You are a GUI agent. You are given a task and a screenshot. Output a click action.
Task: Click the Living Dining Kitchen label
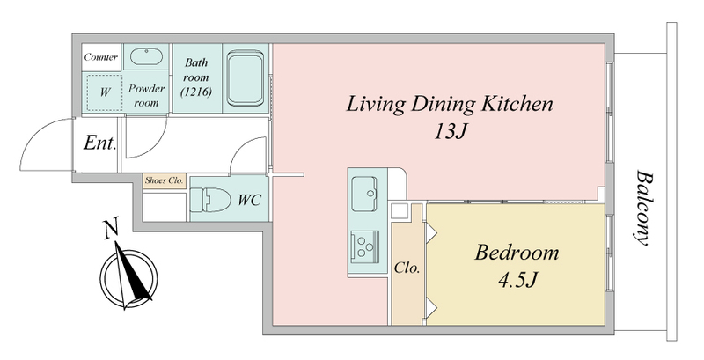coord(450,104)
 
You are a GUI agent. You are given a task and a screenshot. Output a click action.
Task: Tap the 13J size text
coord(451,131)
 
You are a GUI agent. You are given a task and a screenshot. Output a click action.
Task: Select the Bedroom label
coord(517,253)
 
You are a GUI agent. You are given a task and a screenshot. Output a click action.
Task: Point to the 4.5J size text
coord(517,280)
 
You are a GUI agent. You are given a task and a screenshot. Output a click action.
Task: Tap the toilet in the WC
coord(209,198)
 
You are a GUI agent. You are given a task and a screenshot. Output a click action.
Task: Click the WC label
coord(249,200)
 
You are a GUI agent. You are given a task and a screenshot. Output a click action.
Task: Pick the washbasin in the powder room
coord(146,56)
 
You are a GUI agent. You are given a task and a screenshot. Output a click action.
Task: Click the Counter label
coord(101,57)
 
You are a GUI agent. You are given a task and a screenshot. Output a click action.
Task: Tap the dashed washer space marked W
coord(104,92)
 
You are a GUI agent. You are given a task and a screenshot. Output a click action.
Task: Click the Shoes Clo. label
coord(165,181)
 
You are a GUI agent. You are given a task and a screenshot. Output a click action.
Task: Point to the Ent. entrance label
coord(100,143)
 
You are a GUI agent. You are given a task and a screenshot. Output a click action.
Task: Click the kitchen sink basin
coord(363,194)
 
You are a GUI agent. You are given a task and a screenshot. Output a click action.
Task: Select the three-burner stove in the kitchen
coord(364,246)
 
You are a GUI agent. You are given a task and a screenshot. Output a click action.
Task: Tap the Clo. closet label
coord(407,268)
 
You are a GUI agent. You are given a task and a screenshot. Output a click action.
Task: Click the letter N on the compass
coord(112,229)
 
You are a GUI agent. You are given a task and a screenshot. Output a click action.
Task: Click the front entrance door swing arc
coord(38,132)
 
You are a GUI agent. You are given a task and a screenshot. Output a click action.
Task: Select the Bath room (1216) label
coord(195,77)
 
